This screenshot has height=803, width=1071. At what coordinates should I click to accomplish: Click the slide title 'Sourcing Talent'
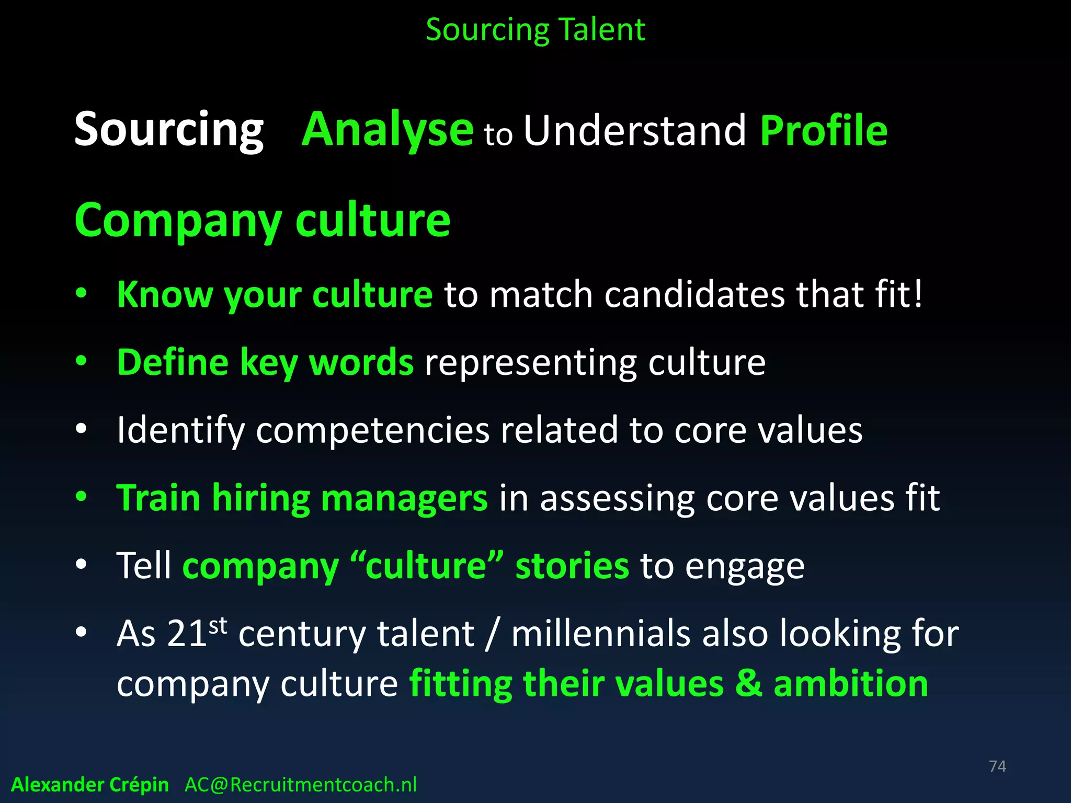pos(535,30)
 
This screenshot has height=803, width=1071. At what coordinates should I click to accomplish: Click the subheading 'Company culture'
pos(262,221)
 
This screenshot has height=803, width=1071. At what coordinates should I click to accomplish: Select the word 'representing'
pos(530,363)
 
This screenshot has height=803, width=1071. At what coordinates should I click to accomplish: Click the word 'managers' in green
pos(404,498)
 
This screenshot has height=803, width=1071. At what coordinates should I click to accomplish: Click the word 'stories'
pos(572,566)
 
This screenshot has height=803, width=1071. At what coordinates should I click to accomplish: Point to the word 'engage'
pos(745,567)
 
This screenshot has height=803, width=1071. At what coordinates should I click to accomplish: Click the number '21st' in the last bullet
pos(197,633)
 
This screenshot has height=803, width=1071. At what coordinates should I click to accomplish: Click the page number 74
pos(997,766)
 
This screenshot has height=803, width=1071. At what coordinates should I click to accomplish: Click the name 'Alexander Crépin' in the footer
pos(90,785)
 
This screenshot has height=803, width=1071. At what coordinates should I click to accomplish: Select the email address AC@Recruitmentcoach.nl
pos(301,785)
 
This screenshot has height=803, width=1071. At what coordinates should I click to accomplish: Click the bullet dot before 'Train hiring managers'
pos(81,497)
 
